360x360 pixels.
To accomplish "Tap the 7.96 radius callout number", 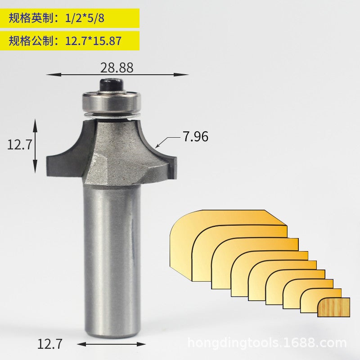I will [195, 136].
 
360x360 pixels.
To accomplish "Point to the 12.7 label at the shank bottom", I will [49, 345].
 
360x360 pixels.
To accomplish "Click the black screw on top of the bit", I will [111, 84].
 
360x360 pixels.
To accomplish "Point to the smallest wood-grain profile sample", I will [333, 307].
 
